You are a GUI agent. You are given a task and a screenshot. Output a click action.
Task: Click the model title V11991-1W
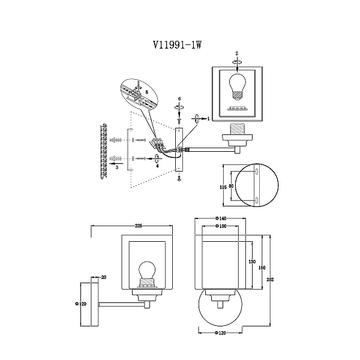pyautogui.click(x=177, y=45)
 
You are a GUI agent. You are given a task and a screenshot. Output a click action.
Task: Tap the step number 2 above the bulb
pyautogui.click(x=237, y=53)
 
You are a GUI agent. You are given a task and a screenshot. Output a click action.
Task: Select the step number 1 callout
pyautogui.click(x=208, y=119)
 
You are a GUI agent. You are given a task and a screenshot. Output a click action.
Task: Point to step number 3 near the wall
pyautogui.click(x=117, y=167)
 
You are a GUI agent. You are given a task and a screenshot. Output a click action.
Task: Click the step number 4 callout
pyautogui.click(x=157, y=166)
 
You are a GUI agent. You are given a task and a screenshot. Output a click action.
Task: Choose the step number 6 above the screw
pyautogui.click(x=179, y=99)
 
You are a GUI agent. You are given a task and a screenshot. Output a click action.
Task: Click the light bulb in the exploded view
pyautogui.click(x=237, y=86)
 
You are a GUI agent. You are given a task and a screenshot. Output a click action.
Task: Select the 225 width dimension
pyautogui.click(x=139, y=226)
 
